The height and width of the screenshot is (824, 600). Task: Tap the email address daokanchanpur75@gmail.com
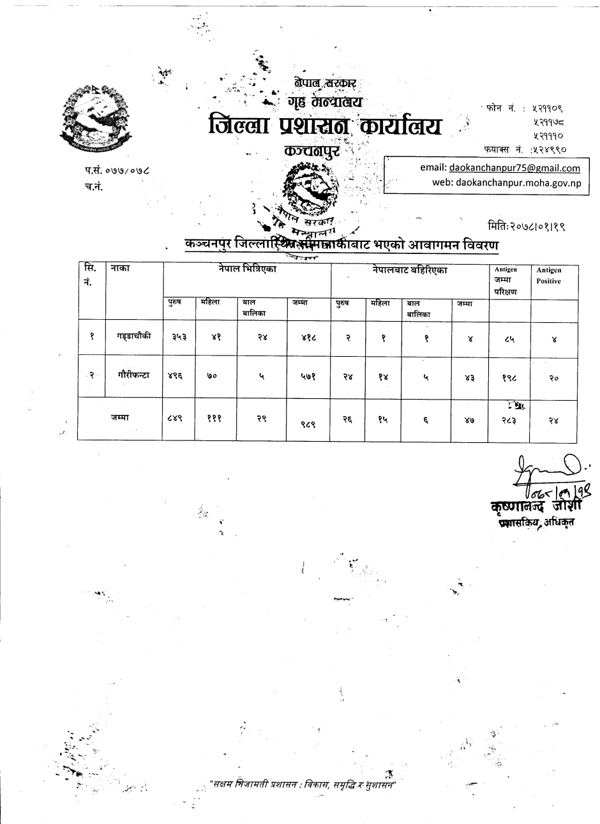514,168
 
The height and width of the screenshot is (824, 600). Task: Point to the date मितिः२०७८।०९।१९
526,226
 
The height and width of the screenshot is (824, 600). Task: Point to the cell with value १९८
509,378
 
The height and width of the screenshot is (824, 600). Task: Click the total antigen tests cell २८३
510,419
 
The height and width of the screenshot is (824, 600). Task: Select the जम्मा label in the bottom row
120,416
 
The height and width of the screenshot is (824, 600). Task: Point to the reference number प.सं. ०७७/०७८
116,171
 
